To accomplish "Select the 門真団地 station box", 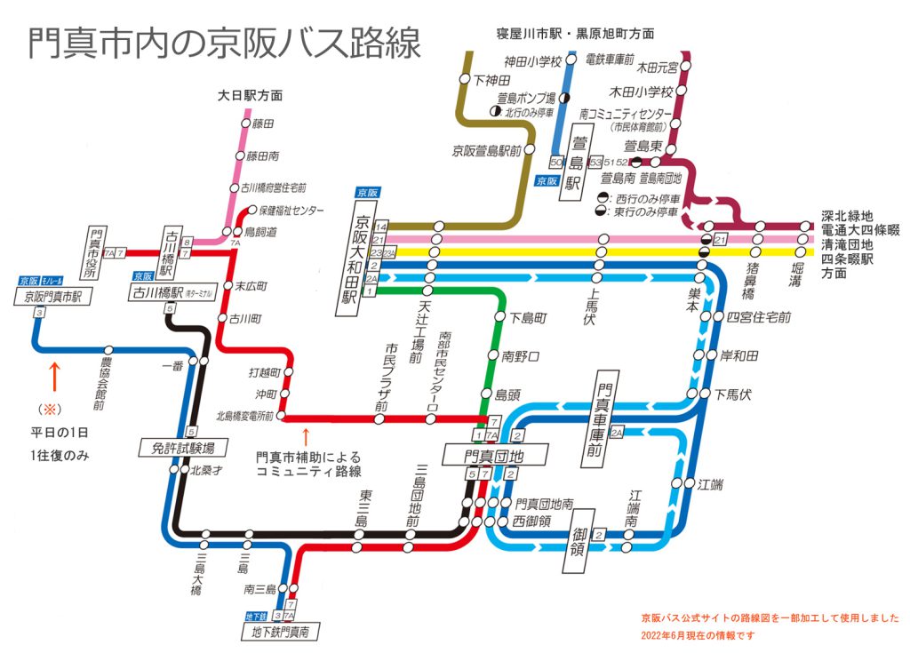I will point(495,455).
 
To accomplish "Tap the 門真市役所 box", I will point(97,252).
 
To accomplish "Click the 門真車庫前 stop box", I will point(606,425).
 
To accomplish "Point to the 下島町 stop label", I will point(528,316).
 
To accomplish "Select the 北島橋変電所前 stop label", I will point(246,415).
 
